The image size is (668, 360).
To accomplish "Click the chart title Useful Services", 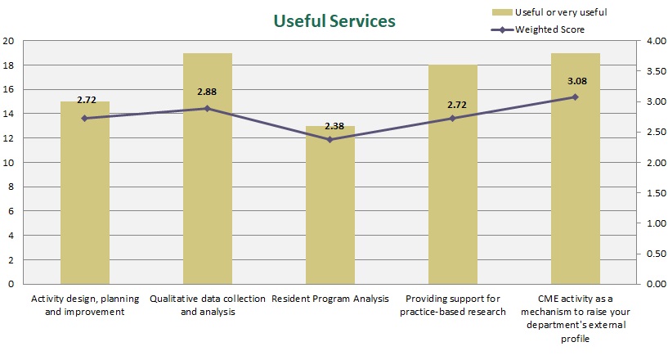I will click(x=334, y=20).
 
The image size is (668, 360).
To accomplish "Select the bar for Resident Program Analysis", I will click(x=330, y=213).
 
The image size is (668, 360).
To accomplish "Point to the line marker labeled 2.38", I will click(x=330, y=139).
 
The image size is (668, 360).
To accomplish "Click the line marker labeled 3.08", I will click(x=576, y=97).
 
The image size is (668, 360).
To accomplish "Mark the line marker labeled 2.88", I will click(x=208, y=109).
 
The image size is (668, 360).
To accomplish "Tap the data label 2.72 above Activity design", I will click(x=87, y=100).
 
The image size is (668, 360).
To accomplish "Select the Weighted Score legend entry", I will click(x=549, y=29).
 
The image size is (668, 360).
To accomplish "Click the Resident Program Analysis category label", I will click(x=330, y=299).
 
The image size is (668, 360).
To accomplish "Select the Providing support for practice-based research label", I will click(x=455, y=304).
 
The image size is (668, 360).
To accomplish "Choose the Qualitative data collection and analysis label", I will click(x=208, y=304).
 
